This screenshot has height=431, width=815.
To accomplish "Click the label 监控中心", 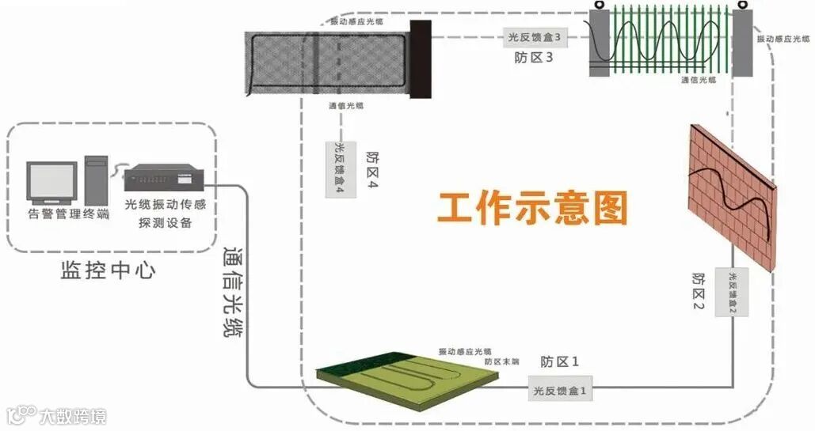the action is (x=108, y=270).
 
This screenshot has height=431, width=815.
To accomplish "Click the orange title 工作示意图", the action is (x=532, y=208).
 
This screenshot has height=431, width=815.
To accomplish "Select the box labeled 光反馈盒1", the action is (x=560, y=391).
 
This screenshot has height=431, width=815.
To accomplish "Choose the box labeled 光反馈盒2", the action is (x=733, y=292).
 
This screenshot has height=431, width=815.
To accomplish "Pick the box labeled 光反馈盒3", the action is (x=535, y=36).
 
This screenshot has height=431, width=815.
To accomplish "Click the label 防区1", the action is (x=560, y=362).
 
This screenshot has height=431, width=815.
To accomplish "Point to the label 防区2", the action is (x=698, y=292).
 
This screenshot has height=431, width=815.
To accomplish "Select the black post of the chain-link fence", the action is (x=421, y=60).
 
